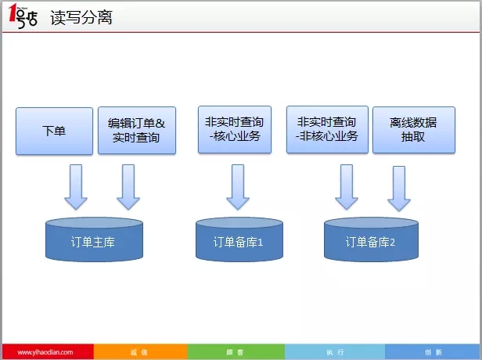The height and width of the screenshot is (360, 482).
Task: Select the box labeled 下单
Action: (54, 131)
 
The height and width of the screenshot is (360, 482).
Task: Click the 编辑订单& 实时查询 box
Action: (136, 131)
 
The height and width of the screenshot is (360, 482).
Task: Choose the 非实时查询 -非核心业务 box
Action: (327, 129)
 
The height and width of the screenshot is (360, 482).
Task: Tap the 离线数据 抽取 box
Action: (412, 129)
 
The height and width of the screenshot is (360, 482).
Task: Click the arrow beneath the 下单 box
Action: (76, 186)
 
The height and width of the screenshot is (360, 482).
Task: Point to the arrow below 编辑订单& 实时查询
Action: (128, 186)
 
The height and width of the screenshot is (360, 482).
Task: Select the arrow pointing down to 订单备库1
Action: (238, 186)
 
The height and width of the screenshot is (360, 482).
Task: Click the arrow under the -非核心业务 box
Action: (346, 186)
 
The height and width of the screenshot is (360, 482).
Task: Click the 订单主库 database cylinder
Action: (94, 240)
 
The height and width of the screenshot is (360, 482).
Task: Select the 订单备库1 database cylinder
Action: (238, 240)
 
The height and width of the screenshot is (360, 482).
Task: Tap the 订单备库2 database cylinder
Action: (371, 240)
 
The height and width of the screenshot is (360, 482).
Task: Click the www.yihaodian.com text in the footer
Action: (45, 352)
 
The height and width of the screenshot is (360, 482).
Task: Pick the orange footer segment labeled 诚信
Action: (139, 352)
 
